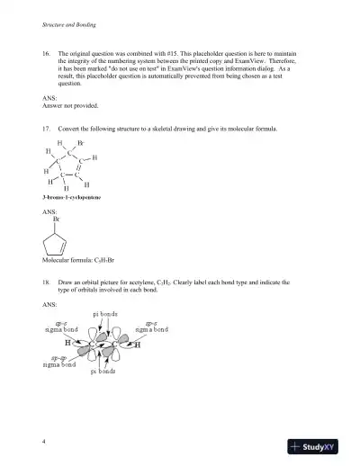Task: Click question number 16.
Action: [47, 55]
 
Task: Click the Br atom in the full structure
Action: [81, 143]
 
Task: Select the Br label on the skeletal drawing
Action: [57, 220]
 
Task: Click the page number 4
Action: [43, 442]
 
